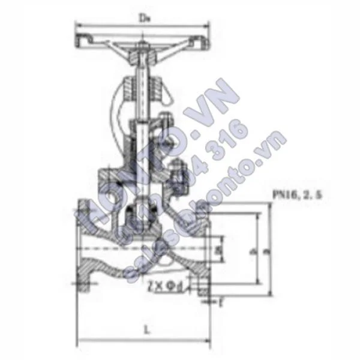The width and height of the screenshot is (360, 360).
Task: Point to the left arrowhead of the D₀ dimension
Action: coord(77,25)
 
